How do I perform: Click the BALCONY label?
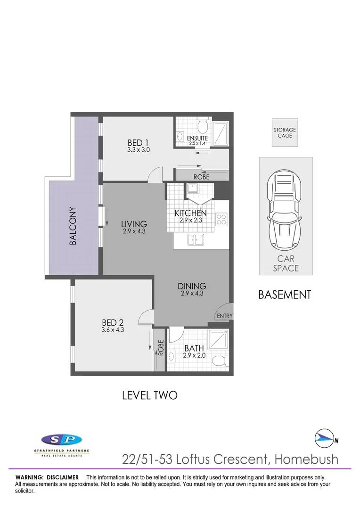point(73,226)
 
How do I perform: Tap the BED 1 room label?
point(138,142)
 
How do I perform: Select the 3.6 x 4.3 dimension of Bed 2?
point(113,330)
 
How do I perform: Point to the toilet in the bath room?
point(220,361)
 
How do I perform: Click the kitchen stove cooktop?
point(221,219)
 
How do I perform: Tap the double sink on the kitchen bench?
point(196,240)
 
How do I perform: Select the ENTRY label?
point(224,316)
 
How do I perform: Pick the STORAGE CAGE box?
point(285,132)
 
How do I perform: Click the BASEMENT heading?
point(285,295)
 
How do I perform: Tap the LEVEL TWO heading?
point(149,395)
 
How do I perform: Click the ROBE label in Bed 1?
point(201,177)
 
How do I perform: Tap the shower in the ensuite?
point(220,133)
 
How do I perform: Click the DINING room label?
point(192,286)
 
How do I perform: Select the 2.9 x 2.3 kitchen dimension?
point(191,220)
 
